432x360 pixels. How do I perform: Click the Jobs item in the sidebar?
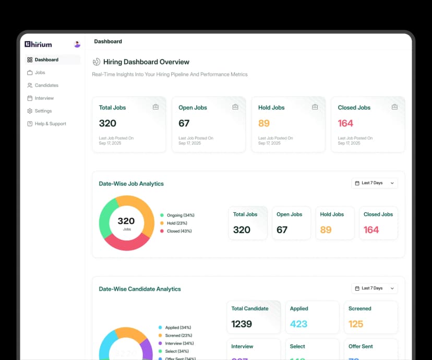tap(40, 73)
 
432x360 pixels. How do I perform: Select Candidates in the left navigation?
tap(46, 85)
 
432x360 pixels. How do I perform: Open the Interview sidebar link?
tap(44, 98)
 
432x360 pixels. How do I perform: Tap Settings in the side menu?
tap(43, 111)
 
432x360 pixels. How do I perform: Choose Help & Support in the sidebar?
tap(50, 124)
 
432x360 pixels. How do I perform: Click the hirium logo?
tap(38, 44)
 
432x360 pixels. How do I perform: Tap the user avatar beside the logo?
tap(77, 44)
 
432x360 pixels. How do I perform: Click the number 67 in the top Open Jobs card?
tap(184, 123)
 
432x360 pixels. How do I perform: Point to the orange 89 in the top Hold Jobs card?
tap(264, 123)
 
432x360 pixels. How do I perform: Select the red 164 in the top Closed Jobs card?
tap(345, 123)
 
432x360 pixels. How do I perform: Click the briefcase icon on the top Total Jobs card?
tap(155, 107)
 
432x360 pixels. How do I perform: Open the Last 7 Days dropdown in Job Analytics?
tap(375, 183)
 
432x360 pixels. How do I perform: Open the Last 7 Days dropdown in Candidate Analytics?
tap(375, 288)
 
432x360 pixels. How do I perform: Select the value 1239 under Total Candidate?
tap(242, 324)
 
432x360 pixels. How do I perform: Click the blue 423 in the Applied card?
tap(298, 324)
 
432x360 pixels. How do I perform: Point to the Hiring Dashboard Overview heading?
tap(146, 62)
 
